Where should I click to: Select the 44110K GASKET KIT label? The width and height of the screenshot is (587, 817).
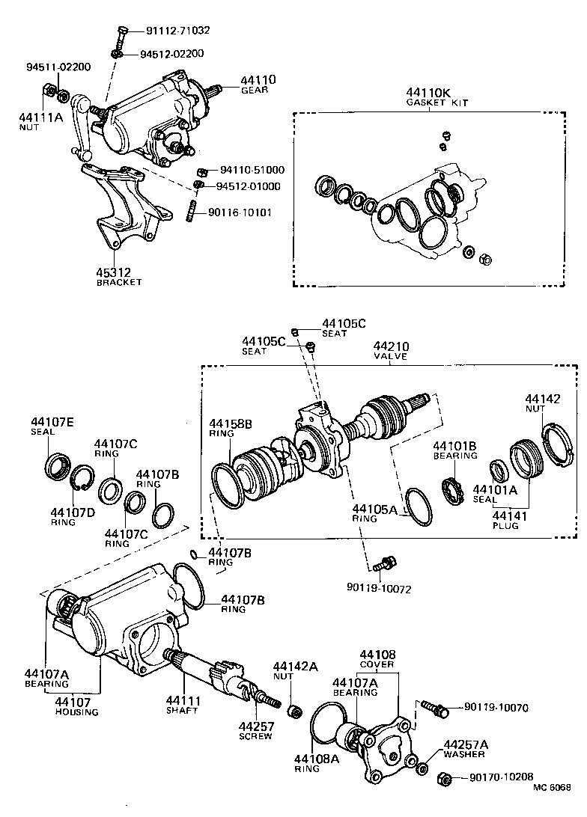(438, 97)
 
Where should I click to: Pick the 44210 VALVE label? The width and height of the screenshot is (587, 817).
(390, 352)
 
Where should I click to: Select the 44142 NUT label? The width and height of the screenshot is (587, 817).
(542, 404)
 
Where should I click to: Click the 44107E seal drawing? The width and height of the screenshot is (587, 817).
(58, 465)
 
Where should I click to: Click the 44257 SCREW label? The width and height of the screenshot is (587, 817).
(257, 730)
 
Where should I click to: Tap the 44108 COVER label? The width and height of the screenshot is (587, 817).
(377, 659)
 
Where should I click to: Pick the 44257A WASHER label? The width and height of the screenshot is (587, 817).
(466, 749)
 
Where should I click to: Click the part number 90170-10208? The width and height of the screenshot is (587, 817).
(502, 777)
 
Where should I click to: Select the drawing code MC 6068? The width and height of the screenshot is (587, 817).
(553, 807)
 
